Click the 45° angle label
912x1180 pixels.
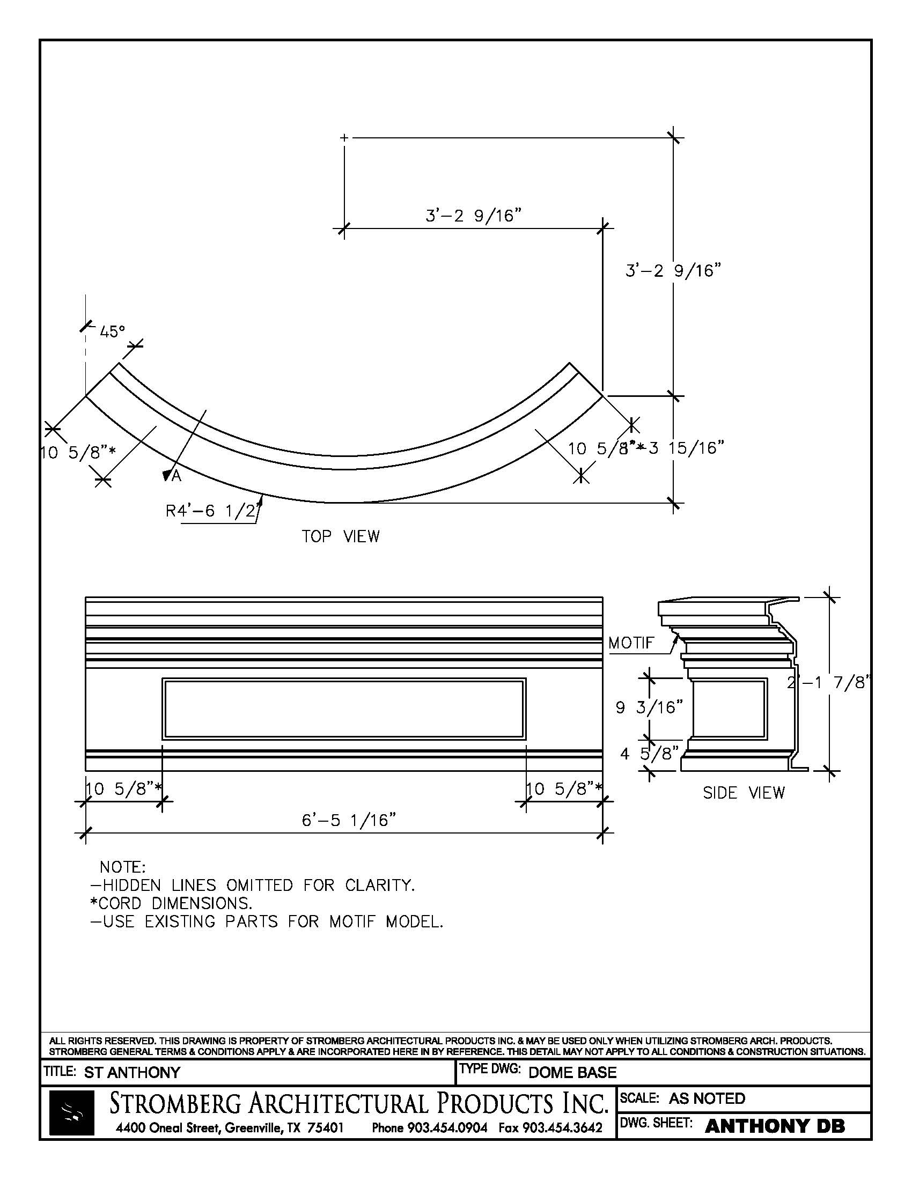[112, 331]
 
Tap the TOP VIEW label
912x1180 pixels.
[340, 536]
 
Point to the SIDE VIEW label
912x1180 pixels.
[744, 793]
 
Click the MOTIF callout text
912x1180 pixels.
[631, 643]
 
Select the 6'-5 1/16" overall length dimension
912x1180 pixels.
[349, 820]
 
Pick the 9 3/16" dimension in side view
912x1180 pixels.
[650, 707]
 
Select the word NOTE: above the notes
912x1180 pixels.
[123, 867]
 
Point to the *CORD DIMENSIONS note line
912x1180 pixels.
[171, 903]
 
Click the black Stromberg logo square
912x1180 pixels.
[71, 1112]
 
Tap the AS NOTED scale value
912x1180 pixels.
[707, 1098]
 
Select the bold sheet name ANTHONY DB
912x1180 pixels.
[775, 1125]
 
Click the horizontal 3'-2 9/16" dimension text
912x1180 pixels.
[473, 216]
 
